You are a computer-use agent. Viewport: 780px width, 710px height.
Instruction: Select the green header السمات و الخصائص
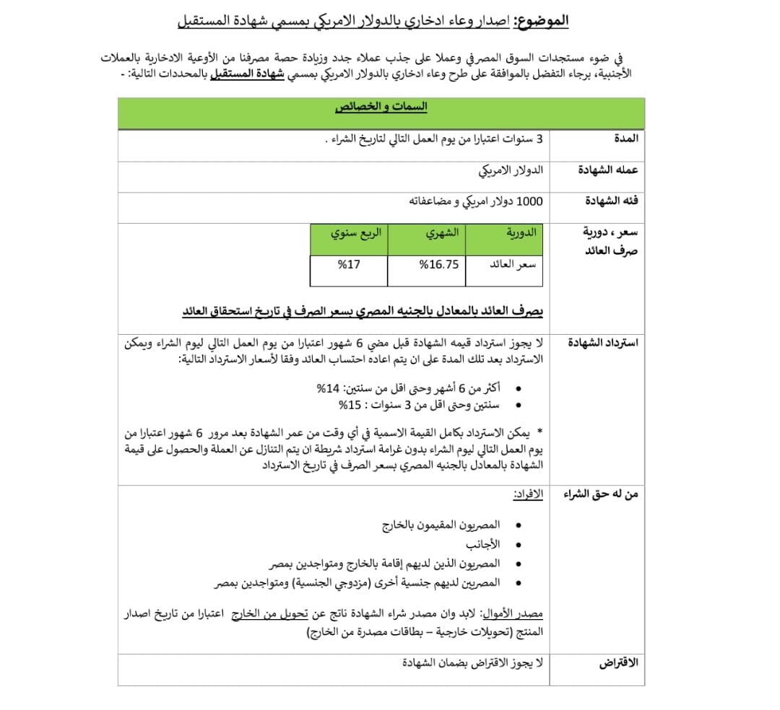(381, 108)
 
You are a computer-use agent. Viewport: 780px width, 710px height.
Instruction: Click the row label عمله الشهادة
(608, 170)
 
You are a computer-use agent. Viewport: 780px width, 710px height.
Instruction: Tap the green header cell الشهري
(441, 233)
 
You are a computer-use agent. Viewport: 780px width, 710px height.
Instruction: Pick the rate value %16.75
(439, 264)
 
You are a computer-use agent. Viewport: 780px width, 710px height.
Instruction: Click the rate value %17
(349, 264)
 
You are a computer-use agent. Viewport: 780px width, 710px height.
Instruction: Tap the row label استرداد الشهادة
(603, 342)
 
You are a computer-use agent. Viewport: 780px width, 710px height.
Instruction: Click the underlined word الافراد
(528, 495)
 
